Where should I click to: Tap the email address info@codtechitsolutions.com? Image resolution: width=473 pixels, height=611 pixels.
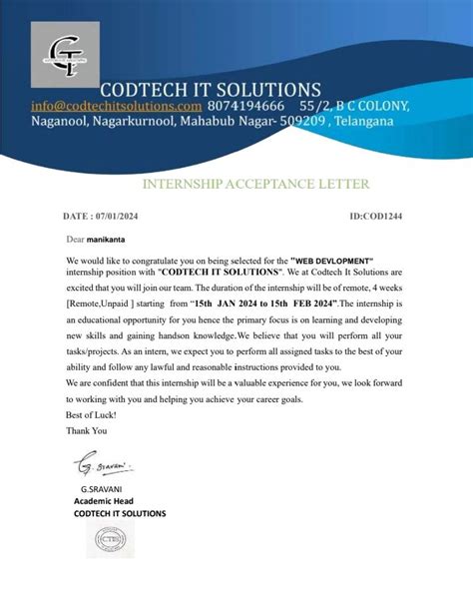tap(116, 106)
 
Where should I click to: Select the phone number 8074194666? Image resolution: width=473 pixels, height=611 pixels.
tap(246, 106)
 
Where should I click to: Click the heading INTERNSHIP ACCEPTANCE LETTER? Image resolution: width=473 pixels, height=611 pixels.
tap(256, 184)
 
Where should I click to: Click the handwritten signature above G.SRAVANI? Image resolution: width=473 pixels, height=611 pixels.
tap(104, 465)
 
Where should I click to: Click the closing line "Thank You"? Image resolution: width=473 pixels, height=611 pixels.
tap(86, 429)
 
